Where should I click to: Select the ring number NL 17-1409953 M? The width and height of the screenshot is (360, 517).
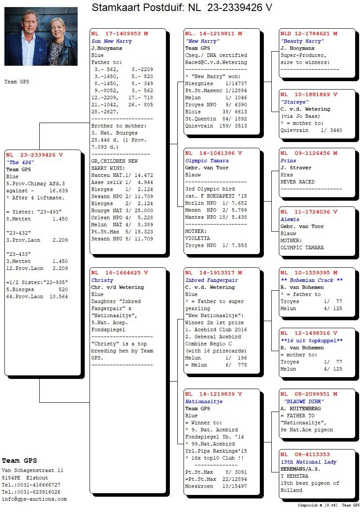pyautogui.click(x=120, y=34)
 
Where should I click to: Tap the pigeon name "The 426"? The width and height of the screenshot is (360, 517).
pyautogui.click(x=21, y=162)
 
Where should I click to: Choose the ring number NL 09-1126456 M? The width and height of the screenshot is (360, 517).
pyautogui.click(x=309, y=154)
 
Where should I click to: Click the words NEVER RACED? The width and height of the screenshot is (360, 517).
pyautogui.click(x=298, y=182)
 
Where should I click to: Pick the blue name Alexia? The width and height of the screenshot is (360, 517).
pyautogui.click(x=290, y=219)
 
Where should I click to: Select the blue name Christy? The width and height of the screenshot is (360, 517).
pyautogui.click(x=102, y=280)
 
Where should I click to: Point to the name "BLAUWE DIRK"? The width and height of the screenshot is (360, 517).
pyautogui.click(x=304, y=401)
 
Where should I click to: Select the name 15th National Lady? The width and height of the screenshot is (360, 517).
pyautogui.click(x=308, y=462)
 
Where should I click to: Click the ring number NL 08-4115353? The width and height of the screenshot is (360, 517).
pyautogui.click(x=305, y=454)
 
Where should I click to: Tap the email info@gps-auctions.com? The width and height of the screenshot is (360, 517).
pyautogui.click(x=34, y=499)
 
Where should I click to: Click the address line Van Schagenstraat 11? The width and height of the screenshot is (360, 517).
pyautogui.click(x=33, y=471)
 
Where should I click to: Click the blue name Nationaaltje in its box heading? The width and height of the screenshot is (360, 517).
pyautogui.click(x=204, y=402)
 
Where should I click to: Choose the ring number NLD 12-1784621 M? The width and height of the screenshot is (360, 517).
pyautogui.click(x=309, y=34)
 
